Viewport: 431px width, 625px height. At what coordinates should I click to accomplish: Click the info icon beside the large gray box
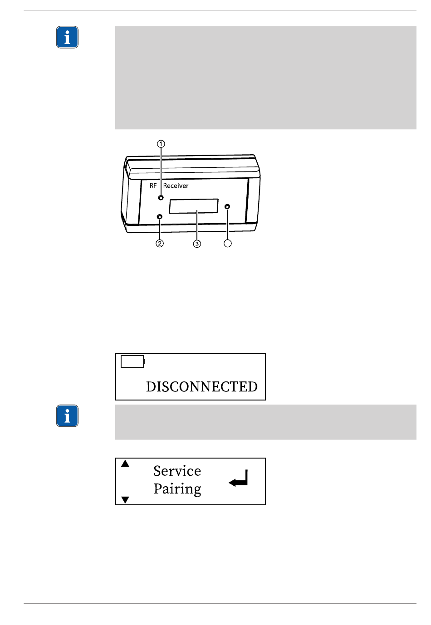[67, 37]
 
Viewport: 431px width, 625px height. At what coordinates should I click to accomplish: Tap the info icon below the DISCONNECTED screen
[67, 416]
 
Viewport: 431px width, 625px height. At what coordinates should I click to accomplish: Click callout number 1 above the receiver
[161, 144]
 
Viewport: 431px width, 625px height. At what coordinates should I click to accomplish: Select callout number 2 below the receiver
[160, 244]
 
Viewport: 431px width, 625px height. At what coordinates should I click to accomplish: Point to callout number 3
[197, 244]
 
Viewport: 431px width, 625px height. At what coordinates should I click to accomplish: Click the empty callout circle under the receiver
[228, 244]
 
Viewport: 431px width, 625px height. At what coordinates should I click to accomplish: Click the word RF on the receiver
[153, 186]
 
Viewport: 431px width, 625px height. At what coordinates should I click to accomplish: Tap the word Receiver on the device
[176, 186]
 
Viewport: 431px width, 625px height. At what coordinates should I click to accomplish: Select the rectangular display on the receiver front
[194, 206]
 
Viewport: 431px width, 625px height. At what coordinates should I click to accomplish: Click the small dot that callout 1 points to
[161, 198]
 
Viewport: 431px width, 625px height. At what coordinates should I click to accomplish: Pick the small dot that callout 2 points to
[159, 217]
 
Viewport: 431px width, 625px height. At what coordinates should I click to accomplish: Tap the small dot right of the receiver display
[227, 207]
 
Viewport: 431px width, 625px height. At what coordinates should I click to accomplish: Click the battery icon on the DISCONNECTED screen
[132, 361]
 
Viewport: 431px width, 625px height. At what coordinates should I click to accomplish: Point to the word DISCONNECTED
[202, 387]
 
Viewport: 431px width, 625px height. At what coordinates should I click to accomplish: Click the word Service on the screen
[177, 471]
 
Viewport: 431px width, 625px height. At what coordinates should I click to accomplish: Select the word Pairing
[177, 489]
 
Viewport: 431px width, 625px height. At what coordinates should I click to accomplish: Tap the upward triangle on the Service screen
[125, 464]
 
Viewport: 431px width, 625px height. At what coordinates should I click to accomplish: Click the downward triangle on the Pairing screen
[125, 500]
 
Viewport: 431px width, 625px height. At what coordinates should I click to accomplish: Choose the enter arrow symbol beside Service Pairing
[239, 479]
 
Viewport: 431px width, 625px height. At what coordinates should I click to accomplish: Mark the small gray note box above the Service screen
[265, 422]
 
